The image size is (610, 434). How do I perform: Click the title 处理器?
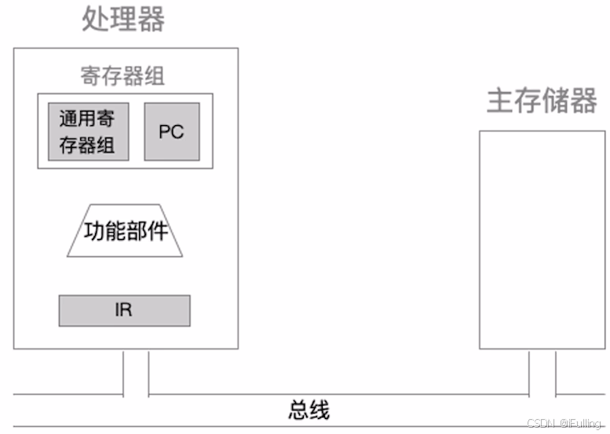point(123,20)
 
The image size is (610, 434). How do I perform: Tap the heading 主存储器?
point(541,101)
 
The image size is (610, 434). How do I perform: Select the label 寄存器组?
point(122,76)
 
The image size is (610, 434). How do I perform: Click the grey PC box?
point(171,131)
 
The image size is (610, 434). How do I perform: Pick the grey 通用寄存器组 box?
point(88,131)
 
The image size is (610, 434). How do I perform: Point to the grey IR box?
point(124,310)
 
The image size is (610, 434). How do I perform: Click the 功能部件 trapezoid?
point(126,231)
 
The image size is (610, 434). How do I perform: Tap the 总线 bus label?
point(309,410)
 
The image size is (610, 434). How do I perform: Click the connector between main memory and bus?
point(542,373)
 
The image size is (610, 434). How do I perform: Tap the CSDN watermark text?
point(564,424)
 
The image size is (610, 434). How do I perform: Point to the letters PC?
point(171,131)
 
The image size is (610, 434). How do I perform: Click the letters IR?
point(123,310)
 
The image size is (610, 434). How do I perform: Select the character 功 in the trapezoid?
point(95,232)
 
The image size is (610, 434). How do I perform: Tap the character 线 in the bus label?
point(320,410)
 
